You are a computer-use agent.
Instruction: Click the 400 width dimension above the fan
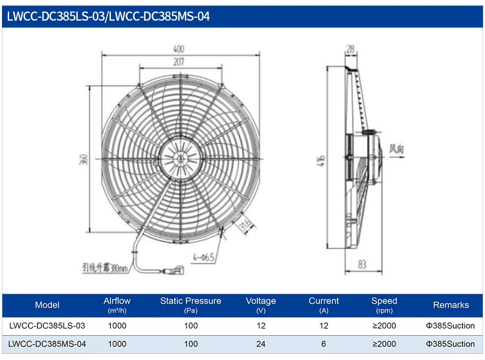(179, 49)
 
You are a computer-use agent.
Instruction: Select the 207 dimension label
(179, 62)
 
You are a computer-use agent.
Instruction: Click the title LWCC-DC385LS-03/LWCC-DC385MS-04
(109, 17)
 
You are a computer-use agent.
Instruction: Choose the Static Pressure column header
(191, 305)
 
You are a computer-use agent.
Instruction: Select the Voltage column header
(261, 305)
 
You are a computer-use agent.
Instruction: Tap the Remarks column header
(450, 305)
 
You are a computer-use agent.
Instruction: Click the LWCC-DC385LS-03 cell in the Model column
(47, 325)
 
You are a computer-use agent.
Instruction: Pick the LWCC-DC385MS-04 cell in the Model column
(47, 344)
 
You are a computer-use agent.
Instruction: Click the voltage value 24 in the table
(261, 344)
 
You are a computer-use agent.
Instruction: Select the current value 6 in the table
(324, 344)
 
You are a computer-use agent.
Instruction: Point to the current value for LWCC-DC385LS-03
(324, 325)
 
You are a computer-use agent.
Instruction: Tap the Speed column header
(384, 305)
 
